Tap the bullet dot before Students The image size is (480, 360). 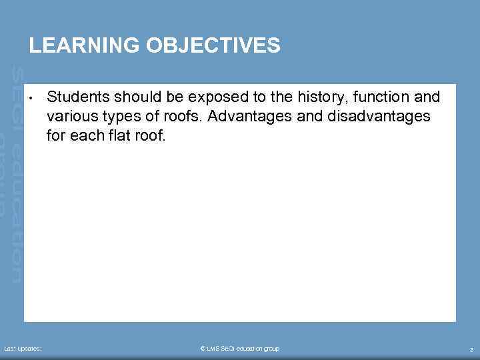pos(31,99)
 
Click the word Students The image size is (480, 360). pos(74,97)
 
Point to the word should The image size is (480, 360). pos(128,97)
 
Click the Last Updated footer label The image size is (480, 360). pos(23,349)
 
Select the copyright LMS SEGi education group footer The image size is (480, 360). pos(240,349)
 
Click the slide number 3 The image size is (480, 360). pos(471,349)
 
